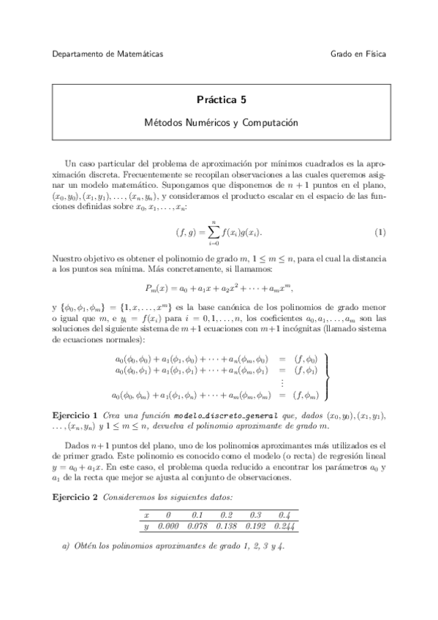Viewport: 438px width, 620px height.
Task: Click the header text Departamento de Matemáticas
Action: pos(108,54)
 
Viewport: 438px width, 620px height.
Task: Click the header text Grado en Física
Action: pos(358,54)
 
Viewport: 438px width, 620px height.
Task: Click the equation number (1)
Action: pos(380,233)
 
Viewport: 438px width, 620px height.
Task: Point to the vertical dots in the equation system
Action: pos(282,383)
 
